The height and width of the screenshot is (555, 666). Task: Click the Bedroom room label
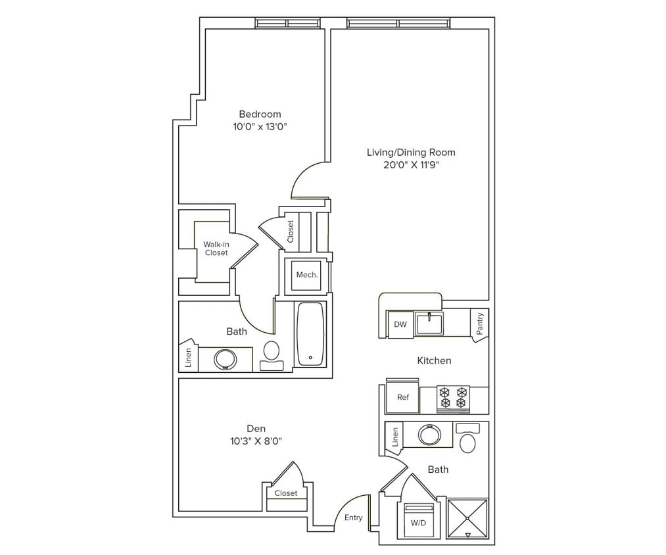260,114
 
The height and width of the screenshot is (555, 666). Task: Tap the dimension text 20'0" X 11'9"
411,165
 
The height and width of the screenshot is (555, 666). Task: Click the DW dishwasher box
400,324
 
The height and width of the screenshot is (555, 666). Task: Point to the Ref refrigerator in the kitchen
402,398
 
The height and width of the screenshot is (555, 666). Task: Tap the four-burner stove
453,398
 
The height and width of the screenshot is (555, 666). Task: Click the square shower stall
467,518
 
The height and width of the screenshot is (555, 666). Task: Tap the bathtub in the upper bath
310,334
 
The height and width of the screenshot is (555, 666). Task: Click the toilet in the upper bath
271,352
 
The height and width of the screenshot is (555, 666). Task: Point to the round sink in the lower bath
429,435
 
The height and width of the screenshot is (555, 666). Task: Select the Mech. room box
307,275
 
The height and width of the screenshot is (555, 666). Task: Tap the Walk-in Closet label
216,249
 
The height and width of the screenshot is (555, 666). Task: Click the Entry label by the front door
353,518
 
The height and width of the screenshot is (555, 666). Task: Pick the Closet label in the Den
286,493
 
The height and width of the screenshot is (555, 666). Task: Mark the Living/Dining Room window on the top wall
398,24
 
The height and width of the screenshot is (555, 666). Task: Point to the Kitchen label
434,360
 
